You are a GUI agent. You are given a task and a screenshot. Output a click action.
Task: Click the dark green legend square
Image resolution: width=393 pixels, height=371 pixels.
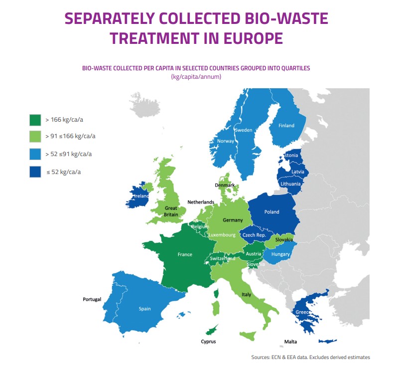pyautogui.click(x=35, y=120)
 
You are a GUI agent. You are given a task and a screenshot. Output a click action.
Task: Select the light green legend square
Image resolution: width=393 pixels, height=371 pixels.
pyautogui.click(x=35, y=137)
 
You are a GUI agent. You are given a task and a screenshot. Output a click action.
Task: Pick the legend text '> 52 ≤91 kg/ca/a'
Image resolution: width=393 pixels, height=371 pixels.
pyautogui.click(x=69, y=154)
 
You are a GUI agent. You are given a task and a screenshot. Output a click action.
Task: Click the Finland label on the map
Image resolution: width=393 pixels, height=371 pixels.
pyautogui.click(x=286, y=126)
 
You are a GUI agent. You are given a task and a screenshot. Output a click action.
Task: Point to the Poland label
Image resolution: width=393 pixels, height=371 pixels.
pyautogui.click(x=271, y=212)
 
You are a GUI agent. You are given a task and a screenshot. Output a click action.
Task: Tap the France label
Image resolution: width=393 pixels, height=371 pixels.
pyautogui.click(x=185, y=254)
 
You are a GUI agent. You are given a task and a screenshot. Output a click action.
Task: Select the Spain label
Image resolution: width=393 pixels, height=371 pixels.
pyautogui.click(x=144, y=309)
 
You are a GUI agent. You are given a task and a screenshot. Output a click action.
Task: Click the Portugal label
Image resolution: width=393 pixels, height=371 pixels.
pyautogui.click(x=92, y=299)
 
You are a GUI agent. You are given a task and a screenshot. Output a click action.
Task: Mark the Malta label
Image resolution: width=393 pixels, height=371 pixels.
pyautogui.click(x=290, y=342)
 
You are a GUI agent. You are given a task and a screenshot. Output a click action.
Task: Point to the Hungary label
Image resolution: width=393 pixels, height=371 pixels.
pyautogui.click(x=280, y=254)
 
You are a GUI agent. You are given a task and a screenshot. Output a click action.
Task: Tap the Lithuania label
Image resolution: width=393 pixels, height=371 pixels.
pyautogui.click(x=290, y=184)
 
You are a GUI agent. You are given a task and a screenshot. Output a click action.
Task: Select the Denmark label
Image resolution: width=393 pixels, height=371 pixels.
pyautogui.click(x=225, y=185)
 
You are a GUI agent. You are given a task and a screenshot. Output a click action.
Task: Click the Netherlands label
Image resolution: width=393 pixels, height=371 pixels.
pyautogui.click(x=201, y=202)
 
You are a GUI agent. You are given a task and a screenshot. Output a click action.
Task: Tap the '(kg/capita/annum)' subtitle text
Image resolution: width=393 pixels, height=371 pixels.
pyautogui.click(x=196, y=77)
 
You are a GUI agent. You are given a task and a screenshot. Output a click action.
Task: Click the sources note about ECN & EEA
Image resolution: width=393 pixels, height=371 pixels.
pyautogui.click(x=310, y=357)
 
